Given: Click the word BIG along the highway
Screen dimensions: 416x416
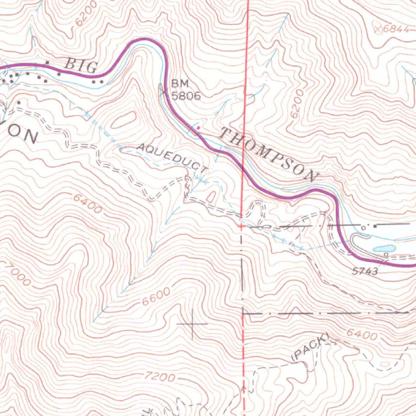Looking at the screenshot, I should click(x=81, y=66).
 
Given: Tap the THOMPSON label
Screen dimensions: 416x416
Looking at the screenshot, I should click(x=268, y=154).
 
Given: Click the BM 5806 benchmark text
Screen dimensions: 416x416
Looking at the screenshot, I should click(x=185, y=90).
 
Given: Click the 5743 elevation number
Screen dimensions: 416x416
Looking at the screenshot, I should click(x=365, y=271).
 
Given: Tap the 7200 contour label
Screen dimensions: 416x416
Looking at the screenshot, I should click(x=160, y=377).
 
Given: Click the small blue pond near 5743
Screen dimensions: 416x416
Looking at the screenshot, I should click(x=384, y=248).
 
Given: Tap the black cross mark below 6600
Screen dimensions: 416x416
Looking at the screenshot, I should click(x=193, y=324).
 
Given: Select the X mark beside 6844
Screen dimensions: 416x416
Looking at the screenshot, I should click(x=379, y=28).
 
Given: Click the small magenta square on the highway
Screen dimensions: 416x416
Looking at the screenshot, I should click(x=198, y=128).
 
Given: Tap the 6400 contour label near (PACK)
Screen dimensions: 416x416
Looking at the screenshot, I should click(x=362, y=335).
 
